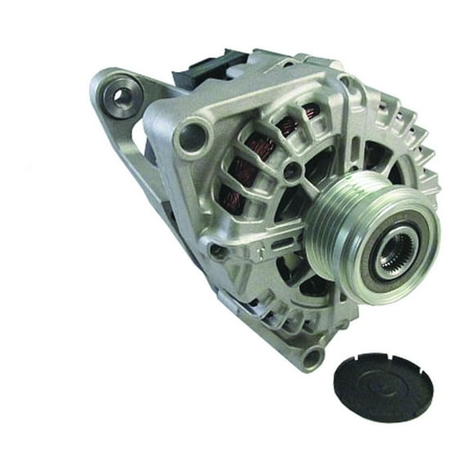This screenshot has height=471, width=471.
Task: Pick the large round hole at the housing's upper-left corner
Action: point(193,134)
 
